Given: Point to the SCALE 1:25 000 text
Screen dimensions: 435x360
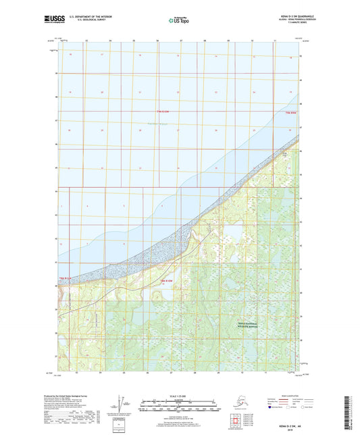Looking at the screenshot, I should coord(179,394).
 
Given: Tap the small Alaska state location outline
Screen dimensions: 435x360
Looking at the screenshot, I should coord(234,403).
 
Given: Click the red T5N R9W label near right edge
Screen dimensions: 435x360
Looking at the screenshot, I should coord(291,111).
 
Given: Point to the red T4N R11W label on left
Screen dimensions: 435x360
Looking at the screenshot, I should coord(65,278).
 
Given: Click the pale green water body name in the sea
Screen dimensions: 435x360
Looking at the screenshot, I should coord(159,123).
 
